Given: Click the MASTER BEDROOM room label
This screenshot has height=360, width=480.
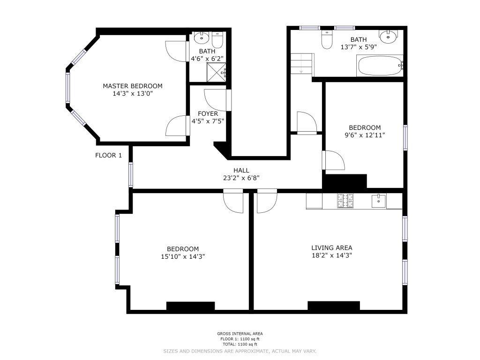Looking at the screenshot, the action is (x=133, y=86).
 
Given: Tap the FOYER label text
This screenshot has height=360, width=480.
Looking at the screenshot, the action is (x=208, y=114).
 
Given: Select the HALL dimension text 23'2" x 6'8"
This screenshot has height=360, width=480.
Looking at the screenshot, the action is (x=241, y=178).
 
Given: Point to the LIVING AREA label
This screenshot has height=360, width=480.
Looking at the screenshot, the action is (x=332, y=248).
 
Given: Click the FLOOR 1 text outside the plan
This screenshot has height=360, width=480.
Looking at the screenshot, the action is (x=108, y=156).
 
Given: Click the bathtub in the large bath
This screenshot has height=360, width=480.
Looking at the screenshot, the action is (x=380, y=66).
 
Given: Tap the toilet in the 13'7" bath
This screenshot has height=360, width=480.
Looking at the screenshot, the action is (x=327, y=39).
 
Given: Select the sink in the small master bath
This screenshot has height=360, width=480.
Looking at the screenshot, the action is (x=202, y=37).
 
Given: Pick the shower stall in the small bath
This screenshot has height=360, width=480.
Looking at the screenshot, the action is (x=217, y=72).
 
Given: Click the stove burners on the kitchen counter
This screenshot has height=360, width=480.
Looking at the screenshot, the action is (x=345, y=201).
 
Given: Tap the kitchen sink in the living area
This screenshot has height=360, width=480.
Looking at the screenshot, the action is (x=379, y=201).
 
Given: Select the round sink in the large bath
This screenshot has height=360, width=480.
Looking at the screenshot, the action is (x=389, y=37).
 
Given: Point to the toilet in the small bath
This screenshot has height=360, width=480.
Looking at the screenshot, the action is (x=217, y=40).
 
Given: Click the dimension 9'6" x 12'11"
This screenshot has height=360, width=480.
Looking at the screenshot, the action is (x=365, y=135).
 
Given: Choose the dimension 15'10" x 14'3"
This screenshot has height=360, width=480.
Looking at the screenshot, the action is (x=183, y=256).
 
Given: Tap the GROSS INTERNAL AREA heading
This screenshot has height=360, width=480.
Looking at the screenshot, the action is (x=240, y=334).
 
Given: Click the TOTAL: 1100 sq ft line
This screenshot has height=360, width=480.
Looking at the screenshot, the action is (x=240, y=345).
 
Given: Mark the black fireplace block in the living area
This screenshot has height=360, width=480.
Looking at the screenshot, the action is (x=334, y=306).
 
